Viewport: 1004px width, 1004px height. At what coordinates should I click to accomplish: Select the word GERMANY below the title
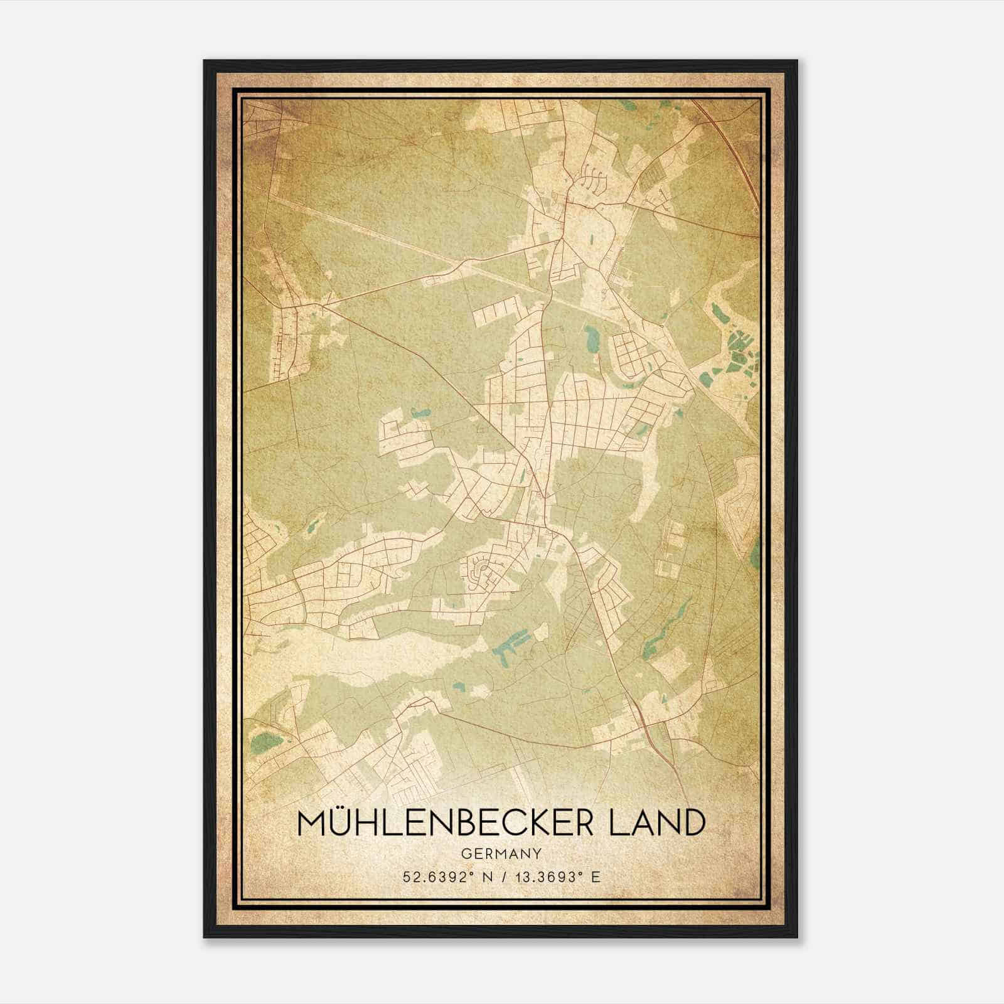(501, 853)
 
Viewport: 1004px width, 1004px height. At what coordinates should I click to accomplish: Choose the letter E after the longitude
(595, 877)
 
